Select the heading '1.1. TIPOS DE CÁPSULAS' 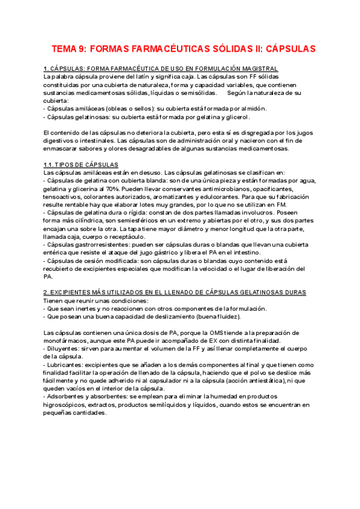81,164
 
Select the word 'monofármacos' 68,340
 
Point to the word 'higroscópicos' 65,405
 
